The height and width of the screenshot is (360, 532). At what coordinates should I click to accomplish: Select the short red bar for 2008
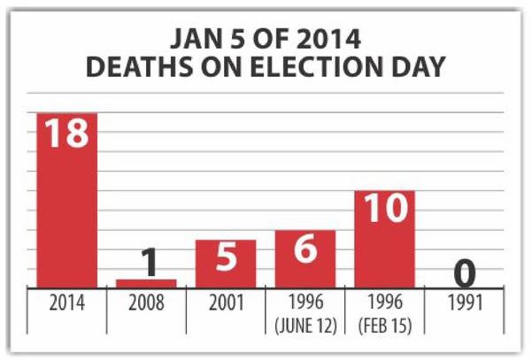(146, 283)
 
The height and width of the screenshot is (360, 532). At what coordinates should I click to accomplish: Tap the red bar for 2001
(226, 264)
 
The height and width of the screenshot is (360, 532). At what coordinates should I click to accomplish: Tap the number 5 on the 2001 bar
(226, 258)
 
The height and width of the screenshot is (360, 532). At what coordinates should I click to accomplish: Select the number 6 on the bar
(305, 249)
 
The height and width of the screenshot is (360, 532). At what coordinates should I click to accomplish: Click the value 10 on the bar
(384, 210)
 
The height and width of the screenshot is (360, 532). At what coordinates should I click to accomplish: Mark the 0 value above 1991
(464, 272)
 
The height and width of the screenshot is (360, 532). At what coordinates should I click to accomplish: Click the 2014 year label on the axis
(66, 303)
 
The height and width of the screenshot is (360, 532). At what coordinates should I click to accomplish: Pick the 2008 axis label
(146, 303)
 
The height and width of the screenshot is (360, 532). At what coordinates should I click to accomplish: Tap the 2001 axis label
(226, 303)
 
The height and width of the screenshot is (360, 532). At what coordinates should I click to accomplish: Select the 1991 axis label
(464, 303)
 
